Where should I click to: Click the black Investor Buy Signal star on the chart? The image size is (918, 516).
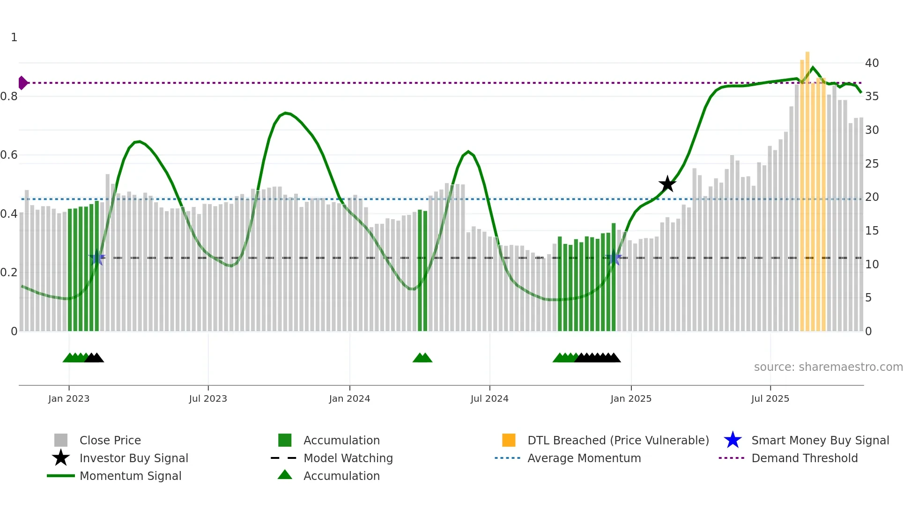coord(667,184)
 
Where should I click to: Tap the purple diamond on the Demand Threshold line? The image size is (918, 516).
coord(22,83)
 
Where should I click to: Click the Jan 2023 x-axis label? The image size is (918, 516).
coord(69,398)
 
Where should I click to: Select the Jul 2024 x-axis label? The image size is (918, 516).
coord(489,398)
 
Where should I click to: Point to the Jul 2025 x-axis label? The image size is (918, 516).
coord(770,398)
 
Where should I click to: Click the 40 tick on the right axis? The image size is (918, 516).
coord(872,63)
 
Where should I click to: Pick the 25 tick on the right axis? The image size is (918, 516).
coord(872,163)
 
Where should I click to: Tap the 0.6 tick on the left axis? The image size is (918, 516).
coord(9,155)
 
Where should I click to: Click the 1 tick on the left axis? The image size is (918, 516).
coord(14,37)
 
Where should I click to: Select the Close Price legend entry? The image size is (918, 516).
coord(110,440)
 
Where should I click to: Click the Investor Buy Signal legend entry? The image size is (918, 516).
coord(133,458)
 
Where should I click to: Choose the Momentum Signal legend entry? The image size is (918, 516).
coord(130,476)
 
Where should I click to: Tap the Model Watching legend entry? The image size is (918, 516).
coord(348,458)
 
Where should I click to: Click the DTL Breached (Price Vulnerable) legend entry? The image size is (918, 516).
coord(618,440)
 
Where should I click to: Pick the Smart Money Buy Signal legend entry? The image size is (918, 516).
coord(820,440)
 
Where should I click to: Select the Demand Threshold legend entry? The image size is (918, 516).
coord(804,458)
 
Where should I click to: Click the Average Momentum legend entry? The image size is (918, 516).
coord(584,458)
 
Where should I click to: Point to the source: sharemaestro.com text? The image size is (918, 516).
coord(828,367)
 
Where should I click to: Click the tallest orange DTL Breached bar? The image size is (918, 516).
coord(807,187)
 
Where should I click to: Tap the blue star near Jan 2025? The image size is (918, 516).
coord(614,258)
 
